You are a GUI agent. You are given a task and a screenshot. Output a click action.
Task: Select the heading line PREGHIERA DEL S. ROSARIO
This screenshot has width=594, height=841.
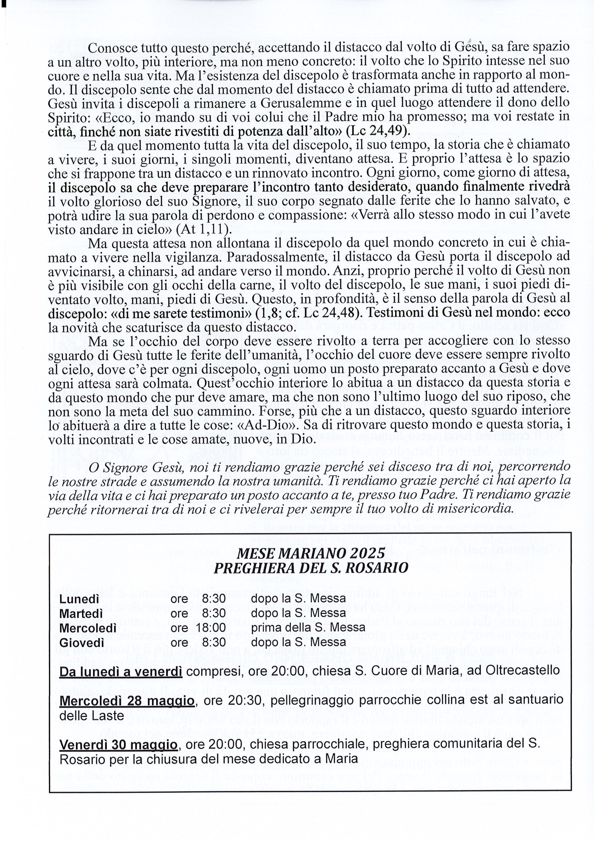[x=310, y=568]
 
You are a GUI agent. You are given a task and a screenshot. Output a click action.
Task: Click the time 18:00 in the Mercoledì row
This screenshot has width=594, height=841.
[x=211, y=627]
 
